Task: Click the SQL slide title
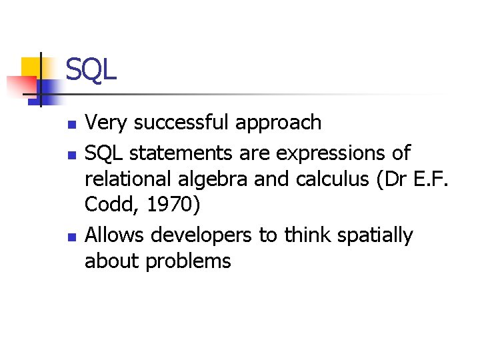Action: click(x=91, y=70)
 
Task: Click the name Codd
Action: click(x=107, y=206)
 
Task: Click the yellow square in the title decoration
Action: click(x=31, y=68)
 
